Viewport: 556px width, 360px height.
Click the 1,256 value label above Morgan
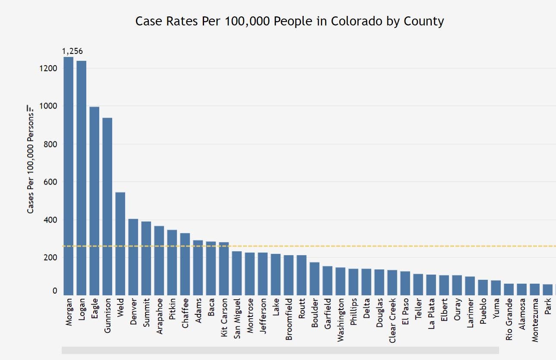pyautogui.click(x=72, y=51)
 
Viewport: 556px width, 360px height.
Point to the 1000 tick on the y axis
pyautogui.click(x=49, y=106)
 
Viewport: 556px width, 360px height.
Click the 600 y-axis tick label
pyautogui.click(x=50, y=182)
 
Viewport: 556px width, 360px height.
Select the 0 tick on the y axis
pyautogui.click(x=55, y=291)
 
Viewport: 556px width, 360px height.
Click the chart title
pyautogui.click(x=289, y=21)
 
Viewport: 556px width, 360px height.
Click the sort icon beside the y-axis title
pyautogui.click(x=30, y=107)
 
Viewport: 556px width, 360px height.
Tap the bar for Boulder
pyautogui.click(x=314, y=279)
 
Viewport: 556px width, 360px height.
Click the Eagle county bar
pyautogui.click(x=94, y=201)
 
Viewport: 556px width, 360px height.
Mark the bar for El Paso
pyautogui.click(x=405, y=283)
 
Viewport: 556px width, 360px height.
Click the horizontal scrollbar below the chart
pyautogui.click(x=280, y=350)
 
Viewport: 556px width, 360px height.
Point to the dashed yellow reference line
pyautogui.click(x=345, y=246)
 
